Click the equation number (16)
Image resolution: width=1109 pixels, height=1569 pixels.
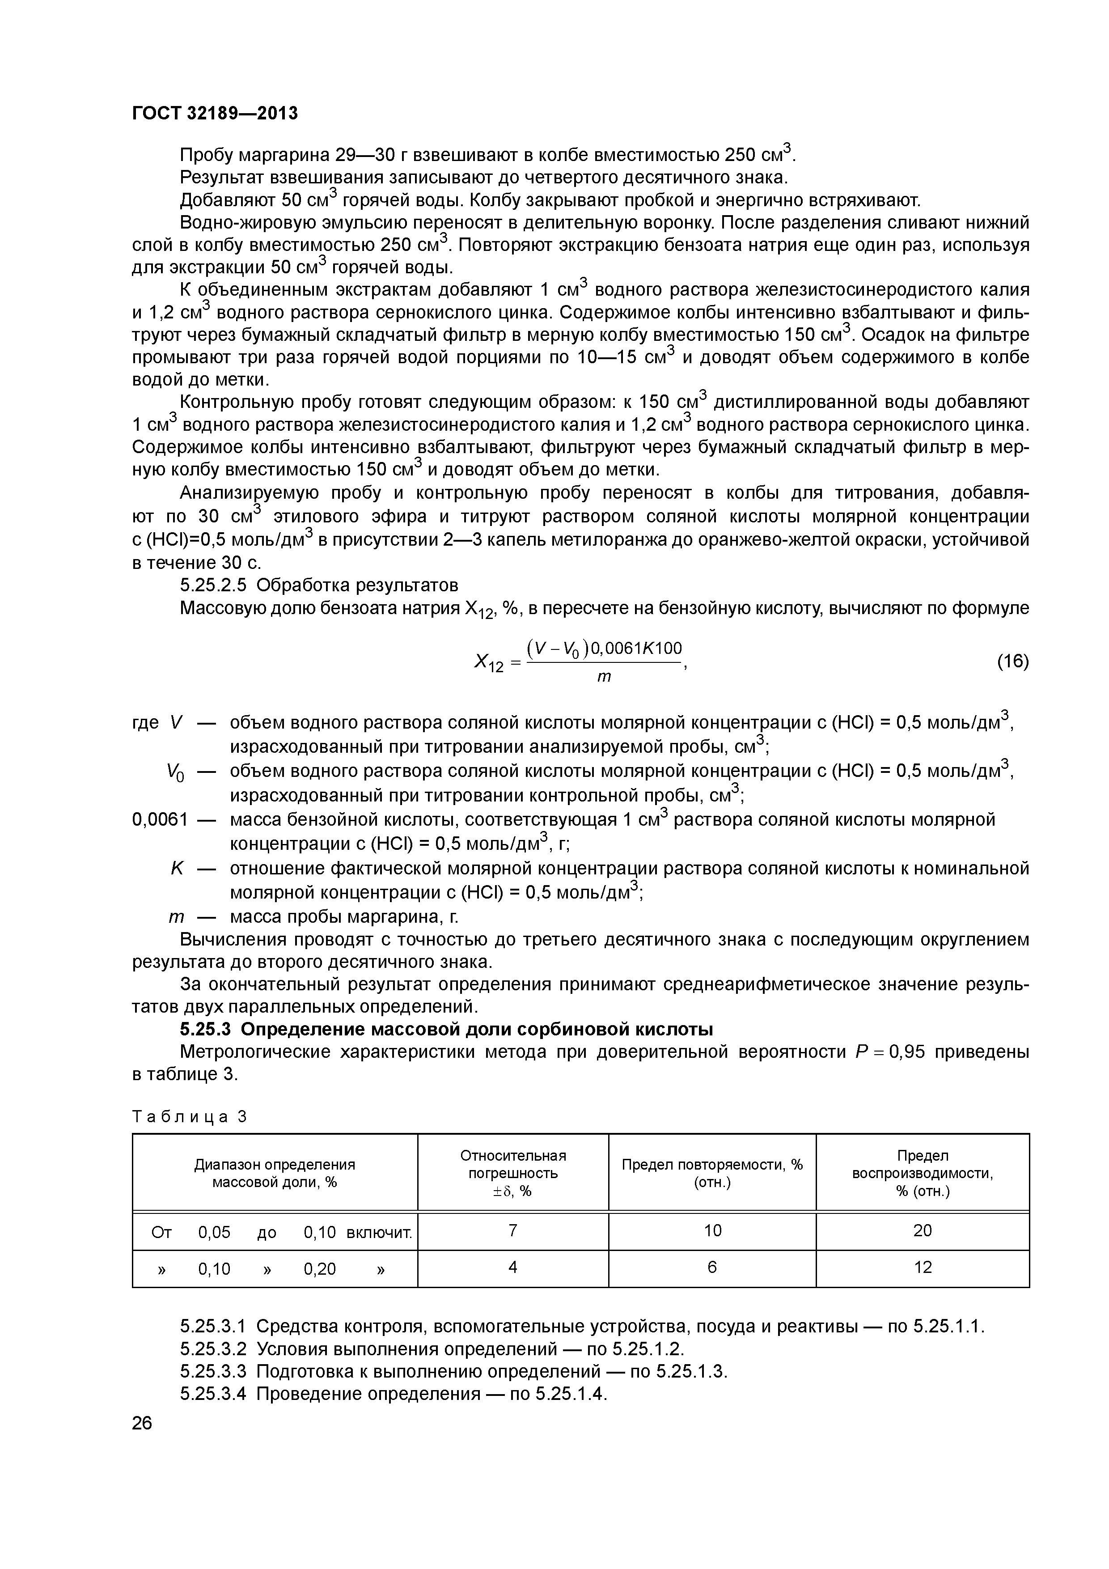1013,662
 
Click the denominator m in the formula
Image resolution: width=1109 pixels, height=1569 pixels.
604,677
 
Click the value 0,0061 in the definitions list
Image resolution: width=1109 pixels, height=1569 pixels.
159,819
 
